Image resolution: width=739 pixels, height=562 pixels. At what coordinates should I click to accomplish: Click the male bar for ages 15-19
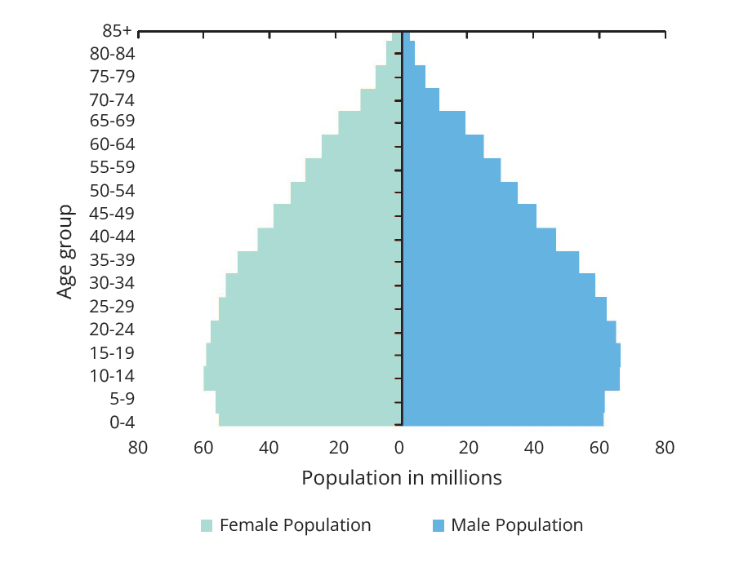(511, 356)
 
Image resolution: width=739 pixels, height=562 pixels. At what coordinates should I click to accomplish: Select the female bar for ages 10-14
(302, 378)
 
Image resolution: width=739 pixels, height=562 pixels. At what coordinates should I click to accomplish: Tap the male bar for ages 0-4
(503, 419)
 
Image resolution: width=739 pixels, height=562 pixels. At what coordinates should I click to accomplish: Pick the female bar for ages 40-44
(329, 239)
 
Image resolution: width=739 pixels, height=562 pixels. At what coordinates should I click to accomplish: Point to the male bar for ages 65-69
(434, 123)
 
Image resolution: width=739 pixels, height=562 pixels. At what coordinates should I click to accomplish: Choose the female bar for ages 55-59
(353, 170)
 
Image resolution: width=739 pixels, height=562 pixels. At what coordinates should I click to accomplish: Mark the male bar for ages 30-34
(498, 285)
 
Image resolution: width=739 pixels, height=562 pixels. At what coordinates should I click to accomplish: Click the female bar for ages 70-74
(381, 100)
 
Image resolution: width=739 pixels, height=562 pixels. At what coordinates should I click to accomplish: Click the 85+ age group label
(117, 31)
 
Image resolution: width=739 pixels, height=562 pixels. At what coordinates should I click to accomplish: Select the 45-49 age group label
(113, 214)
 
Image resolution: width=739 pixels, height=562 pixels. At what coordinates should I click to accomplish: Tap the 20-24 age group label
(113, 330)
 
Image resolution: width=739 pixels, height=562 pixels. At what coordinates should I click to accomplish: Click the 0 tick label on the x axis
(400, 447)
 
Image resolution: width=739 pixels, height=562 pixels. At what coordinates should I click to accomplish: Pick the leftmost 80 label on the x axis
(137, 447)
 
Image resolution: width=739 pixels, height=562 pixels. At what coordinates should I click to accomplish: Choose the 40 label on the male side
(534, 447)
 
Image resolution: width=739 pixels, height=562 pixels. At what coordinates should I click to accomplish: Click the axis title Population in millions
(402, 477)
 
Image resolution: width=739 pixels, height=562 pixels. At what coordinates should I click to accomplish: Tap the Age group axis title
(65, 251)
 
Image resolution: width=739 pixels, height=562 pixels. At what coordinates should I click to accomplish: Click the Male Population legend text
(517, 525)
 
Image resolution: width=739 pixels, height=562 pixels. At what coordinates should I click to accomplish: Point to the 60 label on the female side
(203, 447)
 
